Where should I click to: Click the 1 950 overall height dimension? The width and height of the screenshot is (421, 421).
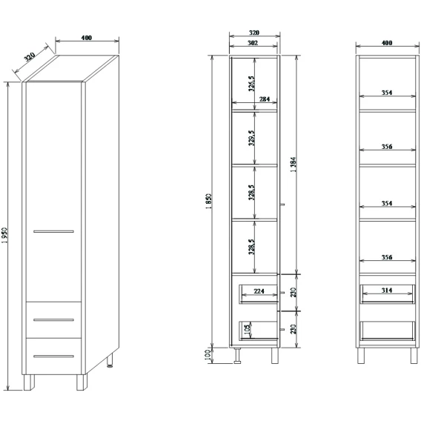[5, 236]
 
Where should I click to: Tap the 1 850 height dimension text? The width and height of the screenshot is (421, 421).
[210, 202]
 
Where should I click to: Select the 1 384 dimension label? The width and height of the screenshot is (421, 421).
[294, 165]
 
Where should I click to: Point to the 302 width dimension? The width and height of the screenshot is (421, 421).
[253, 43]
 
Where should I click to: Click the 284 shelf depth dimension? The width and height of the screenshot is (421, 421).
[264, 99]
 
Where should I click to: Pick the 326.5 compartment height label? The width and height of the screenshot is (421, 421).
[251, 84]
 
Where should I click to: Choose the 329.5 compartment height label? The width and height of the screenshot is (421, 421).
[251, 138]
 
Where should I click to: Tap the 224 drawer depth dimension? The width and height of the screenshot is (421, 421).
[259, 291]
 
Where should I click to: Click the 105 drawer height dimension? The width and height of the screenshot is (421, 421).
[248, 327]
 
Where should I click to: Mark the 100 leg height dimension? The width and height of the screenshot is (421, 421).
[208, 356]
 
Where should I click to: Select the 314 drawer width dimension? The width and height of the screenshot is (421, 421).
[387, 291]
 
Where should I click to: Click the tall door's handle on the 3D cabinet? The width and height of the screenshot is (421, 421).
[53, 231]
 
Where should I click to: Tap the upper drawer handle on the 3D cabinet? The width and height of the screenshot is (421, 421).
[53, 319]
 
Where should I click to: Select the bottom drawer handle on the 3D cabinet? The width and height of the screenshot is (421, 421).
[53, 357]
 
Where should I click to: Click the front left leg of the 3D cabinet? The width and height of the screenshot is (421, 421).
[29, 382]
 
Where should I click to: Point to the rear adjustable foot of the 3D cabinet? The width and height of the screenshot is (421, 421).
[110, 359]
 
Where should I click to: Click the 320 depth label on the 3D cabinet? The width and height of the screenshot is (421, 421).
[30, 57]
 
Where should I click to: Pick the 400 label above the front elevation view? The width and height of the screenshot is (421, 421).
[387, 43]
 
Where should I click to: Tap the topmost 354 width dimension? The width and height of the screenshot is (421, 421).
[387, 93]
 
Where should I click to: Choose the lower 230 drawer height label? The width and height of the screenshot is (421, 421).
[294, 329]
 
